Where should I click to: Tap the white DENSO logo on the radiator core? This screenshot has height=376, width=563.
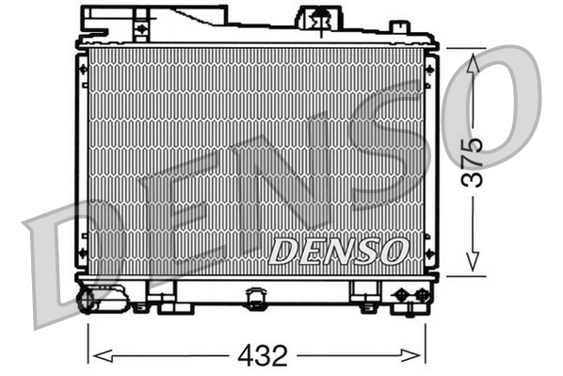click(338, 251)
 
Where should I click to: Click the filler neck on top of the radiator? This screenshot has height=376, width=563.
click(319, 17)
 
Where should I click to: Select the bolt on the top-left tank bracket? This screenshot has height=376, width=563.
click(141, 29)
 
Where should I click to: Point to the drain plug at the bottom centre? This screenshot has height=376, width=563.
click(255, 299)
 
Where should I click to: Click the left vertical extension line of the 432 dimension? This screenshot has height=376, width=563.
click(88, 339)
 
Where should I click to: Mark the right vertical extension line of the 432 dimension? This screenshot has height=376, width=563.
click(426, 339)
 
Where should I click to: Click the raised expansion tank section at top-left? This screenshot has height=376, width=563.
click(179, 21)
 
